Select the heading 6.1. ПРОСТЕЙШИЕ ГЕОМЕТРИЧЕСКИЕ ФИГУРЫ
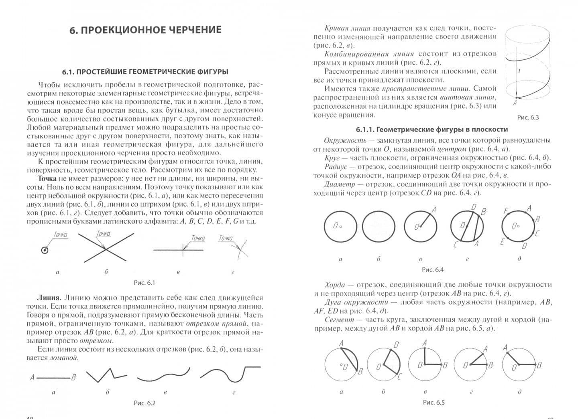click(145, 72)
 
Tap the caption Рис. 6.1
click(144, 283)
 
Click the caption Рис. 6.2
click(144, 403)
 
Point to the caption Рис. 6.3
click(528, 117)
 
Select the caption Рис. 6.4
click(433, 270)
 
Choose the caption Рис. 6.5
click(434, 402)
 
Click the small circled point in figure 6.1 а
click(45, 250)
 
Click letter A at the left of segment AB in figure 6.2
click(32, 377)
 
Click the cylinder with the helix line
click(527, 64)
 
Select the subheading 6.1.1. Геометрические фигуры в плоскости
click(432, 130)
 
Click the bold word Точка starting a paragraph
click(47, 178)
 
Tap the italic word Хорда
click(335, 285)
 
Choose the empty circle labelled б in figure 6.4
click(379, 226)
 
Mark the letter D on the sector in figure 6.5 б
click(396, 344)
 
